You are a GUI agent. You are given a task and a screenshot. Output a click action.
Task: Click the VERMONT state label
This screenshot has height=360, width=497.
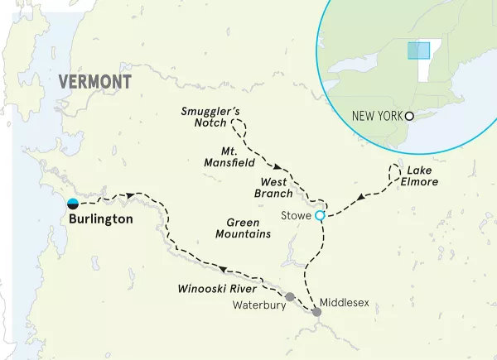pyautogui.click(x=95, y=81)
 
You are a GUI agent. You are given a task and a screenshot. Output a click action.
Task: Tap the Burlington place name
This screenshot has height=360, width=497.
pyautogui.click(x=101, y=220)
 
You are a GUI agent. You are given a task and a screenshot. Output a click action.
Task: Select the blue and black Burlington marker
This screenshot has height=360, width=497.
pyautogui.click(x=73, y=204)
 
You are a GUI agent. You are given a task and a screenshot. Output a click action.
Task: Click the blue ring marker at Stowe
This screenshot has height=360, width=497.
pyautogui.click(x=320, y=215)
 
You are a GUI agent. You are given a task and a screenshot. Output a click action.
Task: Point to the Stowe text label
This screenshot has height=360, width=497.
pyautogui.click(x=296, y=216)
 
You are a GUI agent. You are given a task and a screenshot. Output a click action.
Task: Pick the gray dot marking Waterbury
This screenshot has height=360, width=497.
pyautogui.click(x=289, y=296)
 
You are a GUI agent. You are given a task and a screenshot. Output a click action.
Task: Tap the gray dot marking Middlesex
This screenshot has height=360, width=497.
pyautogui.click(x=316, y=311)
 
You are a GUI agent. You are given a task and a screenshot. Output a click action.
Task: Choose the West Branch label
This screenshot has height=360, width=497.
pyautogui.click(x=276, y=187)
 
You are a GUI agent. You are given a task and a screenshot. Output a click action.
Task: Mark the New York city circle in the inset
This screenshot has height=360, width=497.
pyautogui.click(x=408, y=116)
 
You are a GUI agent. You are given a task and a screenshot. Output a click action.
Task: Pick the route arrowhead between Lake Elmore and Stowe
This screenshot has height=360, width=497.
pyautogui.click(x=361, y=197)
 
